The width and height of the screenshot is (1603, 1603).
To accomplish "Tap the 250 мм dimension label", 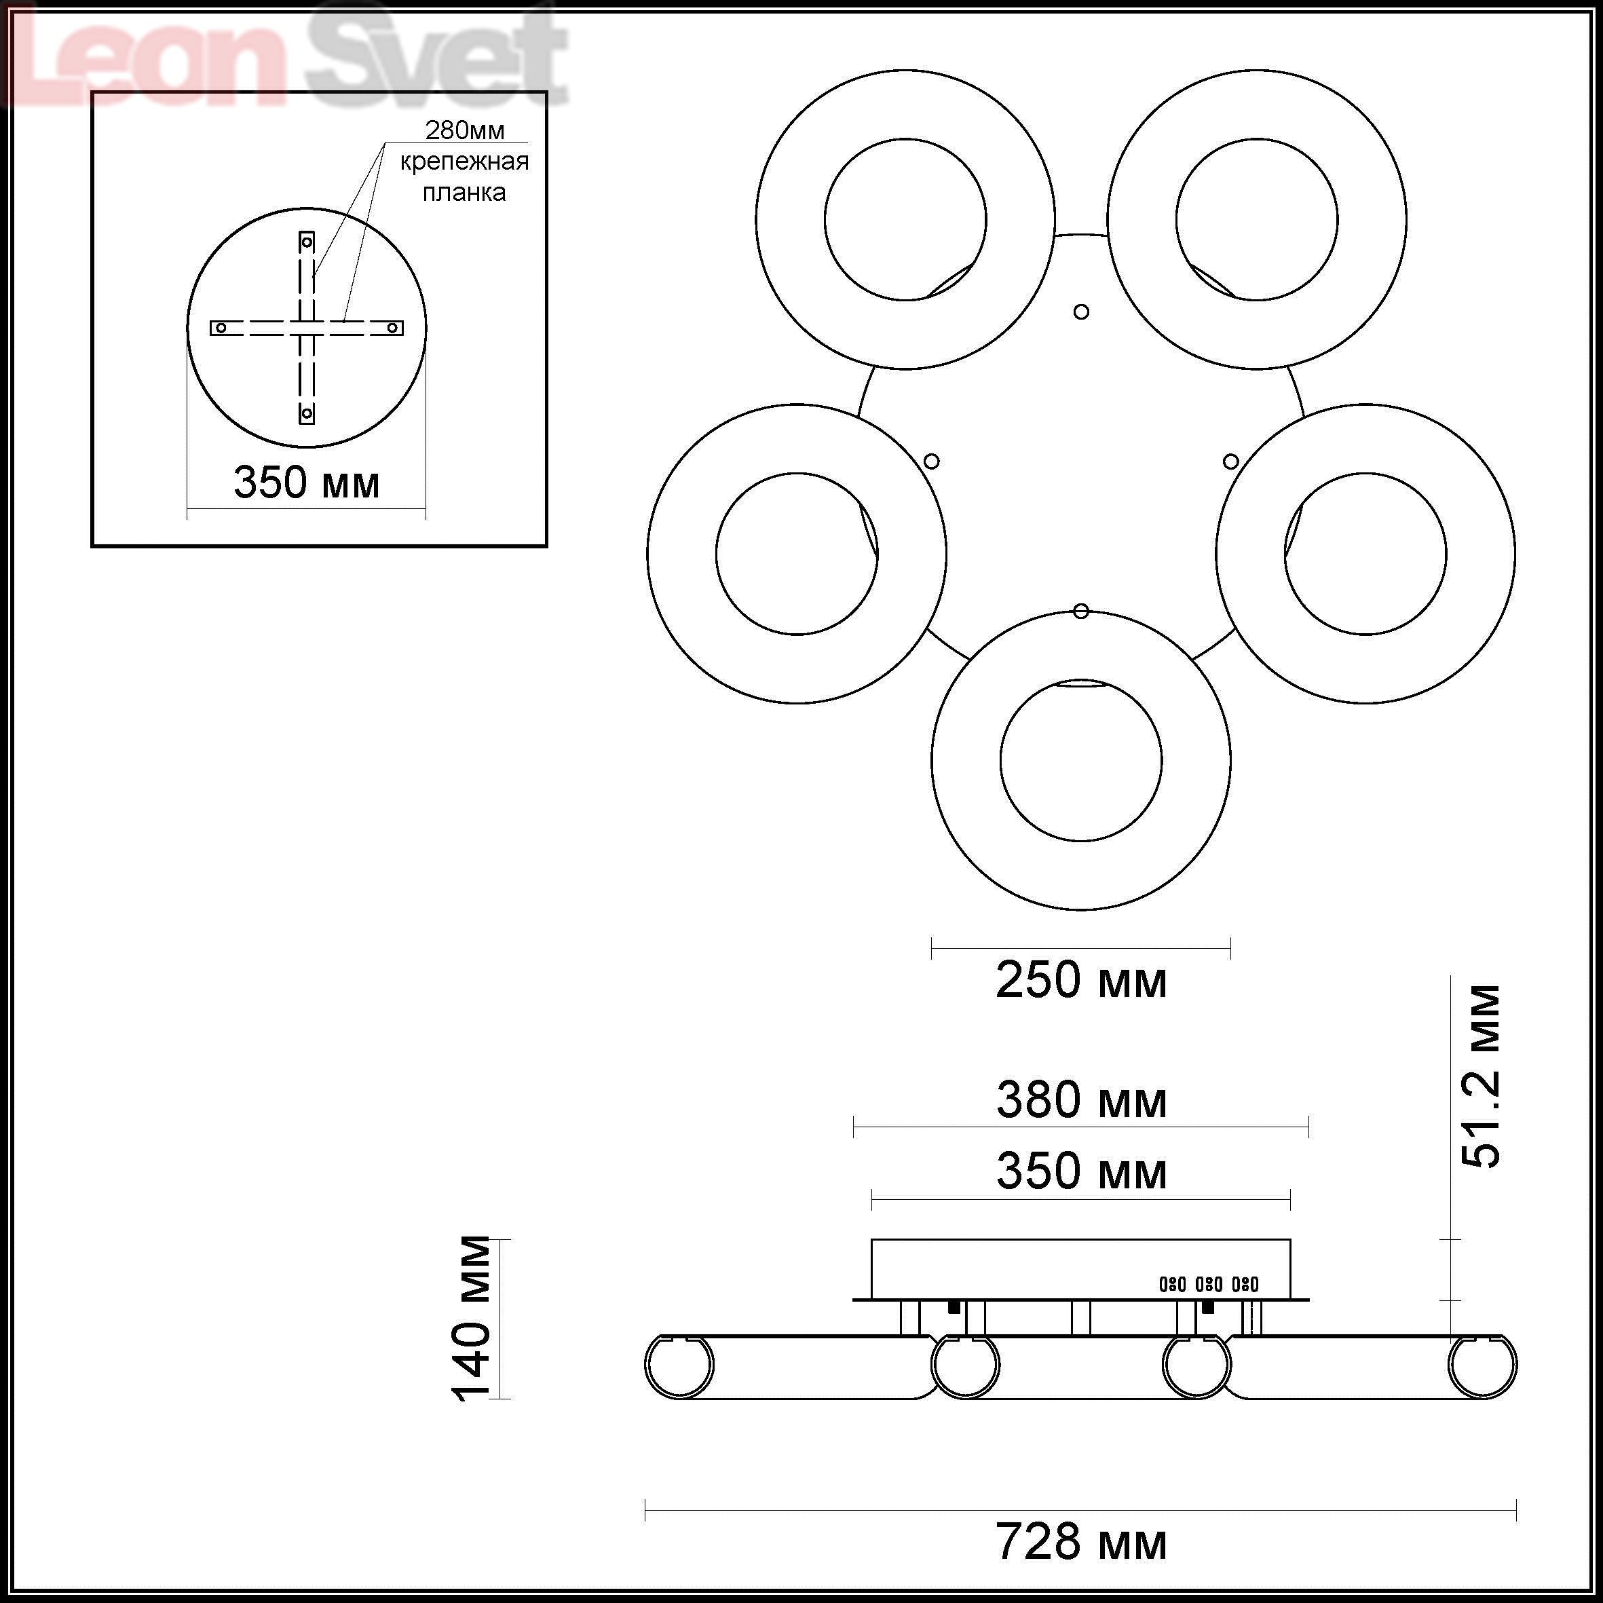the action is pos(1081,980).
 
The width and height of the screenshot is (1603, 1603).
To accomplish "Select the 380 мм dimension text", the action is pos(1081,1100).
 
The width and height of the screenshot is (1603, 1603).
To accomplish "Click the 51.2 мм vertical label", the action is pos(1480,1077).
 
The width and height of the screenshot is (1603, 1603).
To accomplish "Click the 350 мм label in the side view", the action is pos(1081,1171).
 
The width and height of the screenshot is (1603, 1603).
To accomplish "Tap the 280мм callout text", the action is pos(465,130).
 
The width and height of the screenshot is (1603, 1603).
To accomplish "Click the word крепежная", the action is pos(465,162).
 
